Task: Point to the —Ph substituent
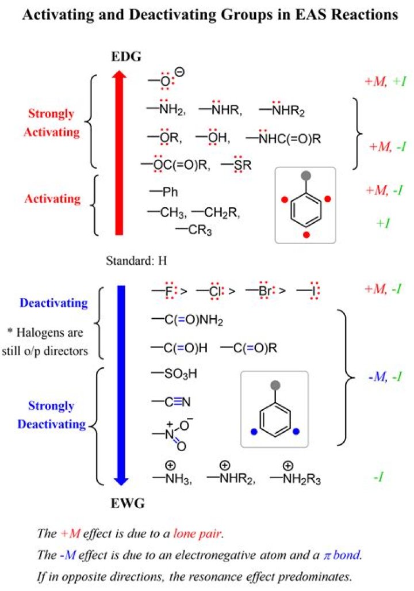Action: (164, 192)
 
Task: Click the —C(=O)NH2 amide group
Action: (187, 319)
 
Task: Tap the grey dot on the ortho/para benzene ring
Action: (306, 175)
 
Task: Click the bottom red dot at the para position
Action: (306, 235)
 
